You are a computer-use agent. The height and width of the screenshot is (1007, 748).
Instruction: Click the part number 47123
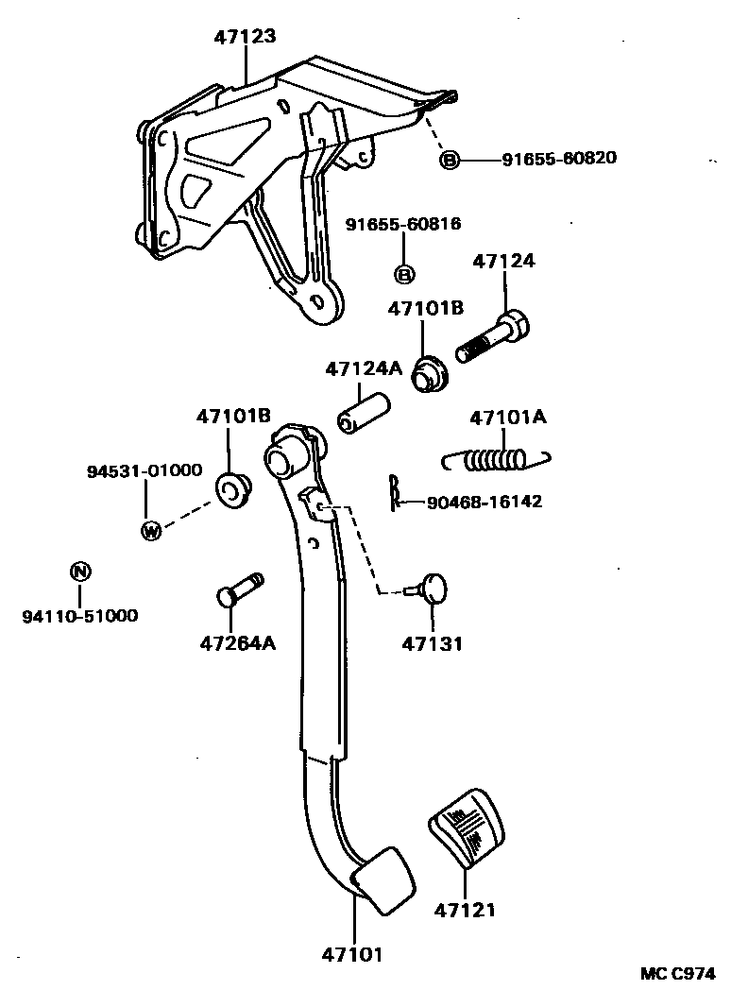tap(245, 37)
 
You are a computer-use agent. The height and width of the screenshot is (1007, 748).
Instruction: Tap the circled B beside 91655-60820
tap(450, 160)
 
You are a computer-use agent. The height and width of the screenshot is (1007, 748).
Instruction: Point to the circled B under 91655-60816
tap(403, 275)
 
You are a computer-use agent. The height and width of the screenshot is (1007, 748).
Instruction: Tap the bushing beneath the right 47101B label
tap(430, 373)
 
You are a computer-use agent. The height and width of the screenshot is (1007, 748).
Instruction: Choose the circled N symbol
tap(80, 571)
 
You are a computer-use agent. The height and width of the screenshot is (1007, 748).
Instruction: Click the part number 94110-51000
tap(79, 616)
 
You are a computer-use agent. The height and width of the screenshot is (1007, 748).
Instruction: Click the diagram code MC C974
tap(677, 974)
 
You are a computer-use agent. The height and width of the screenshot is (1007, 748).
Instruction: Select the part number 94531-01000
tap(145, 469)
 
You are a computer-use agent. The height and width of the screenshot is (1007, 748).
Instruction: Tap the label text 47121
tap(465, 910)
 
